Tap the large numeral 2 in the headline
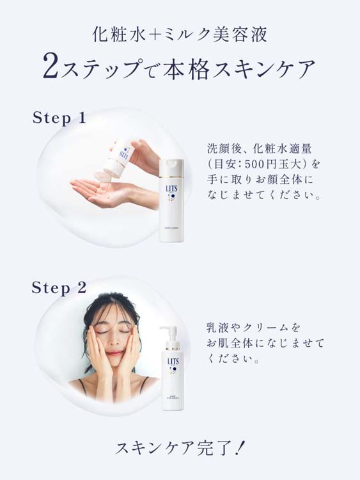52,67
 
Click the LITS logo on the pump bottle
172,363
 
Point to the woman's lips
114,354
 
